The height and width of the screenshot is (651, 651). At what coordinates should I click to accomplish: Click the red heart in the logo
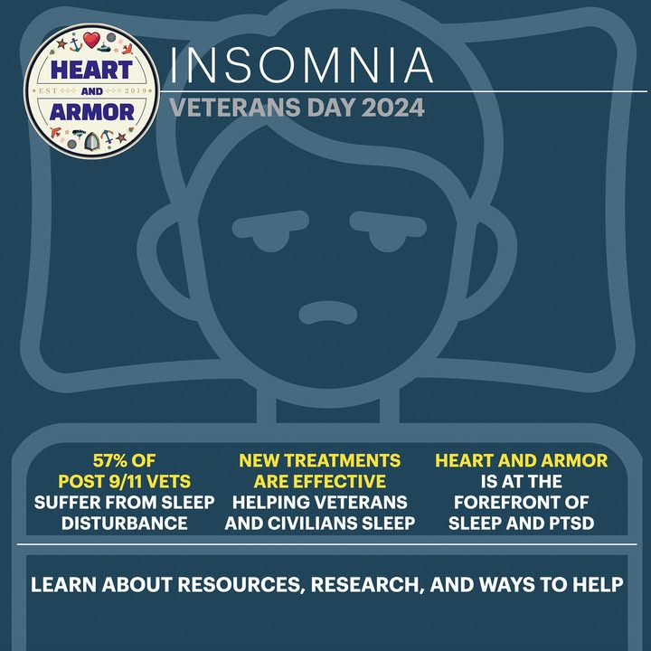pyautogui.click(x=91, y=40)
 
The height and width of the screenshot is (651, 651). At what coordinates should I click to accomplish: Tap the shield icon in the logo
pyautogui.click(x=91, y=141)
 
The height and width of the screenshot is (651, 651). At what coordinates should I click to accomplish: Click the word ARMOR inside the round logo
pyautogui.click(x=91, y=112)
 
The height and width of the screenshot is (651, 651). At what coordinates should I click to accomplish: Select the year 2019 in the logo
pyautogui.click(x=136, y=90)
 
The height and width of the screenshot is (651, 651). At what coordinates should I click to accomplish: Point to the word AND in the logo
pyautogui.click(x=91, y=91)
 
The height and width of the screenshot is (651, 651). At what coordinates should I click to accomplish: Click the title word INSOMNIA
pyautogui.click(x=302, y=65)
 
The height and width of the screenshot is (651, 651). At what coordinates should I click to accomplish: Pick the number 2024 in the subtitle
pyautogui.click(x=392, y=108)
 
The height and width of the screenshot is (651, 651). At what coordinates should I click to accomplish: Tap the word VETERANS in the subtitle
pyautogui.click(x=235, y=108)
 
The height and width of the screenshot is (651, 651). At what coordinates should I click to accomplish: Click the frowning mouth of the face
pyautogui.click(x=328, y=313)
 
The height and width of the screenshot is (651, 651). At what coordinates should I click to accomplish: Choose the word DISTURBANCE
pyautogui.click(x=125, y=524)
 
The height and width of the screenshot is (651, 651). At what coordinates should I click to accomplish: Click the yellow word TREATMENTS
pyautogui.click(x=342, y=460)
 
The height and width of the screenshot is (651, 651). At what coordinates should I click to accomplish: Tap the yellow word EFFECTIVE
pyautogui.click(x=335, y=482)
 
